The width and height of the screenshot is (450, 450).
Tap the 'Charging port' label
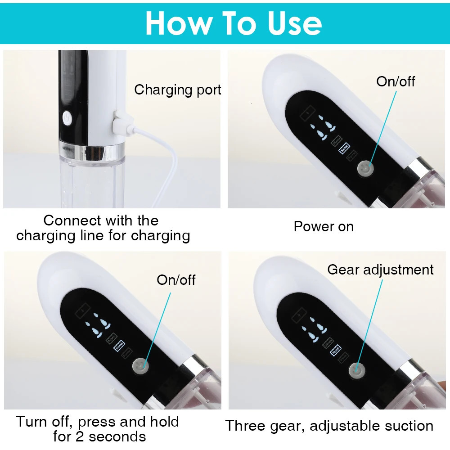point(178,90)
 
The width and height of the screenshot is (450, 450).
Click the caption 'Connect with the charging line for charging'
point(103,228)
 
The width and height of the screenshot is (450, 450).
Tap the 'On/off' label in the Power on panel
point(396,81)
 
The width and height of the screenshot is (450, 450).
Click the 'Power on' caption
point(324,226)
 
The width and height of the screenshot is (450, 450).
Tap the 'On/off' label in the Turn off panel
point(176,280)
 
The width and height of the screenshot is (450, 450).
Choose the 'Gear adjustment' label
point(380,270)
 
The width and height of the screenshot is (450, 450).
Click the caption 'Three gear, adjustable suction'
point(329,426)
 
